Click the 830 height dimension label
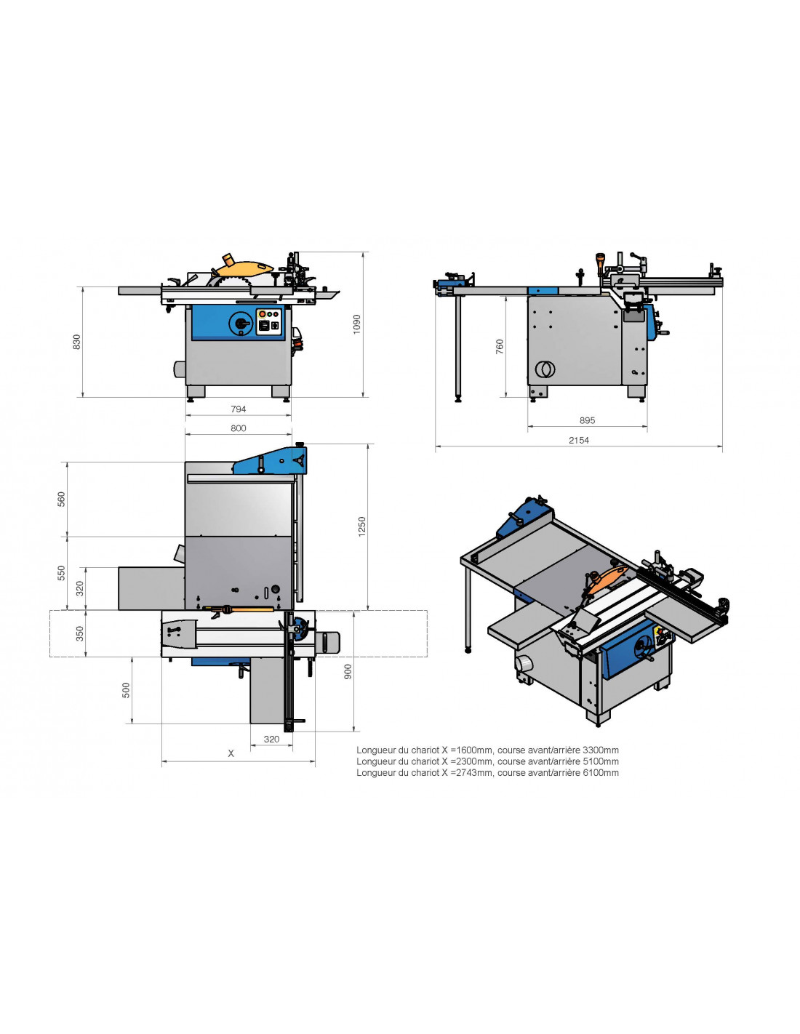(x=76, y=342)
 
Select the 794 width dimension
(x=238, y=409)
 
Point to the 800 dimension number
(x=239, y=428)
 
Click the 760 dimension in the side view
(x=499, y=346)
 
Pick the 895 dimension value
(x=587, y=420)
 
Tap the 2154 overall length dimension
(x=579, y=440)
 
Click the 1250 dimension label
(x=362, y=526)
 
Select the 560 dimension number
(x=61, y=499)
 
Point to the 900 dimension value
(x=348, y=671)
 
